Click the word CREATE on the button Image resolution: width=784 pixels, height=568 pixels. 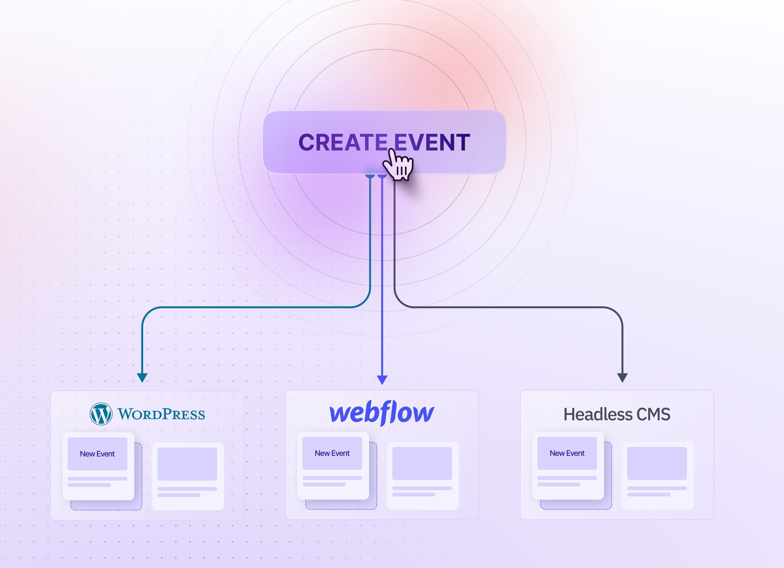pyautogui.click(x=343, y=142)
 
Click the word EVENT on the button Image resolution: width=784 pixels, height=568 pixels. pyautogui.click(x=432, y=142)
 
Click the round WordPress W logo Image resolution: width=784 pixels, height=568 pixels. pyautogui.click(x=101, y=414)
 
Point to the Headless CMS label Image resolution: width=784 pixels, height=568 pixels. pyautogui.click(x=617, y=414)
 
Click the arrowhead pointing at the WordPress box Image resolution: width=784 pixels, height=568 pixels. pyautogui.click(x=142, y=378)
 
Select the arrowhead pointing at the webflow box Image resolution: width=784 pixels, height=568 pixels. pyautogui.click(x=382, y=380)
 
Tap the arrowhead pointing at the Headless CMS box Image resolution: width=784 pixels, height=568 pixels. pyautogui.click(x=622, y=378)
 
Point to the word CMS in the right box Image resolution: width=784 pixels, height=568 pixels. pyautogui.click(x=654, y=414)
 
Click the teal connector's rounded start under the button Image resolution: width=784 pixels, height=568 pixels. pyautogui.click(x=370, y=176)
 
